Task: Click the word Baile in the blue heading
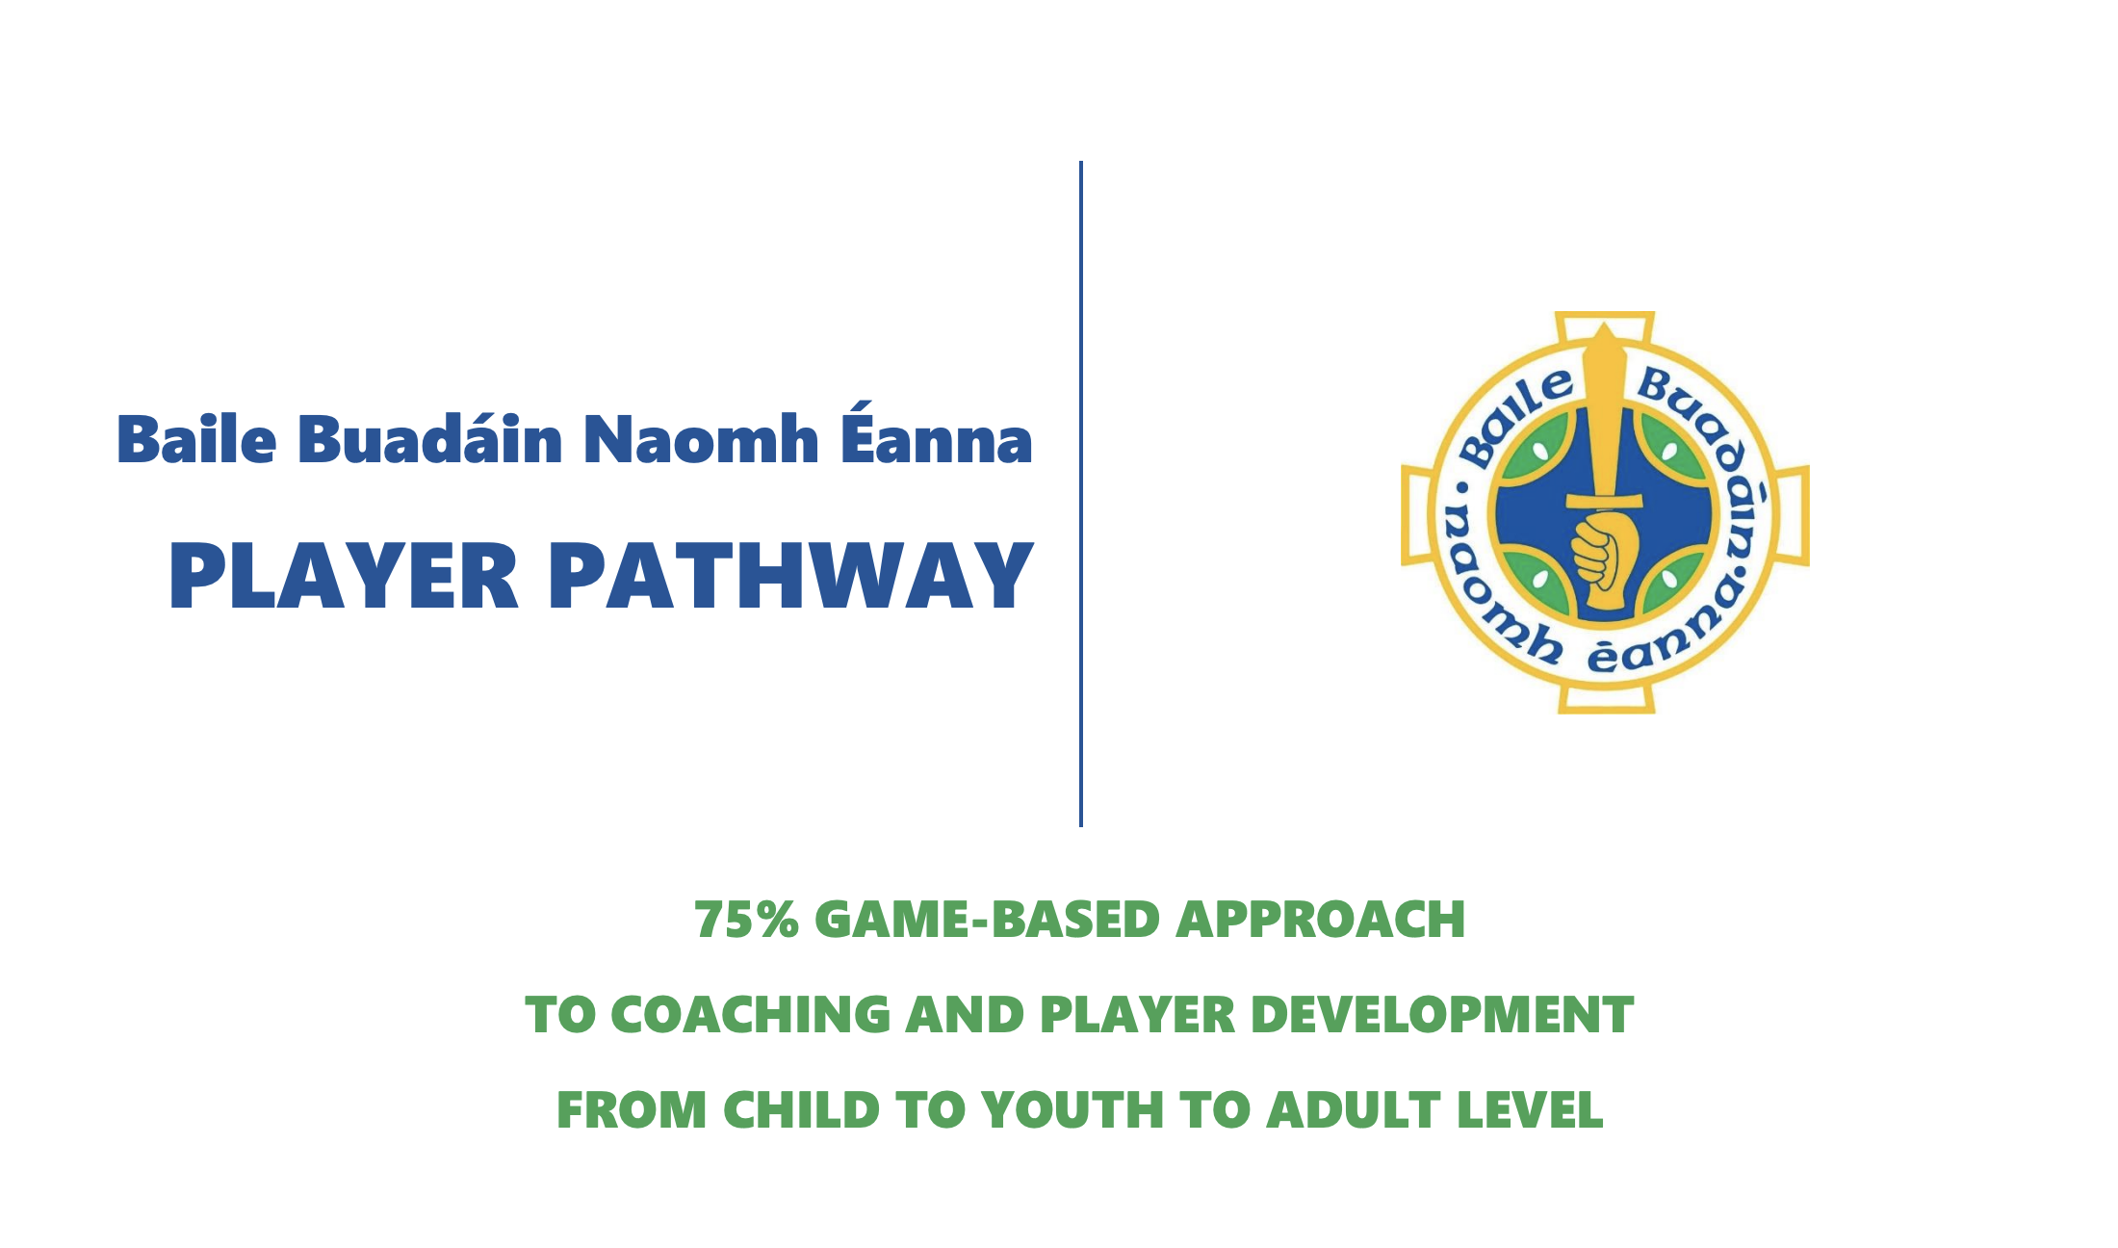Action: pos(196,439)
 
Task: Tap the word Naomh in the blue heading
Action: pos(701,439)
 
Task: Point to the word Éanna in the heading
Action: pos(937,432)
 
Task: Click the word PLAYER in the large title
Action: pos(345,576)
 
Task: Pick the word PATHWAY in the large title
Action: pos(792,576)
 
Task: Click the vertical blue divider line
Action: pos(1081,493)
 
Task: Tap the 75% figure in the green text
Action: pos(746,919)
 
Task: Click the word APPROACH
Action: pos(1320,919)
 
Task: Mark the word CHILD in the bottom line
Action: pos(801,1109)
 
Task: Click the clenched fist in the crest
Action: pos(1600,551)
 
